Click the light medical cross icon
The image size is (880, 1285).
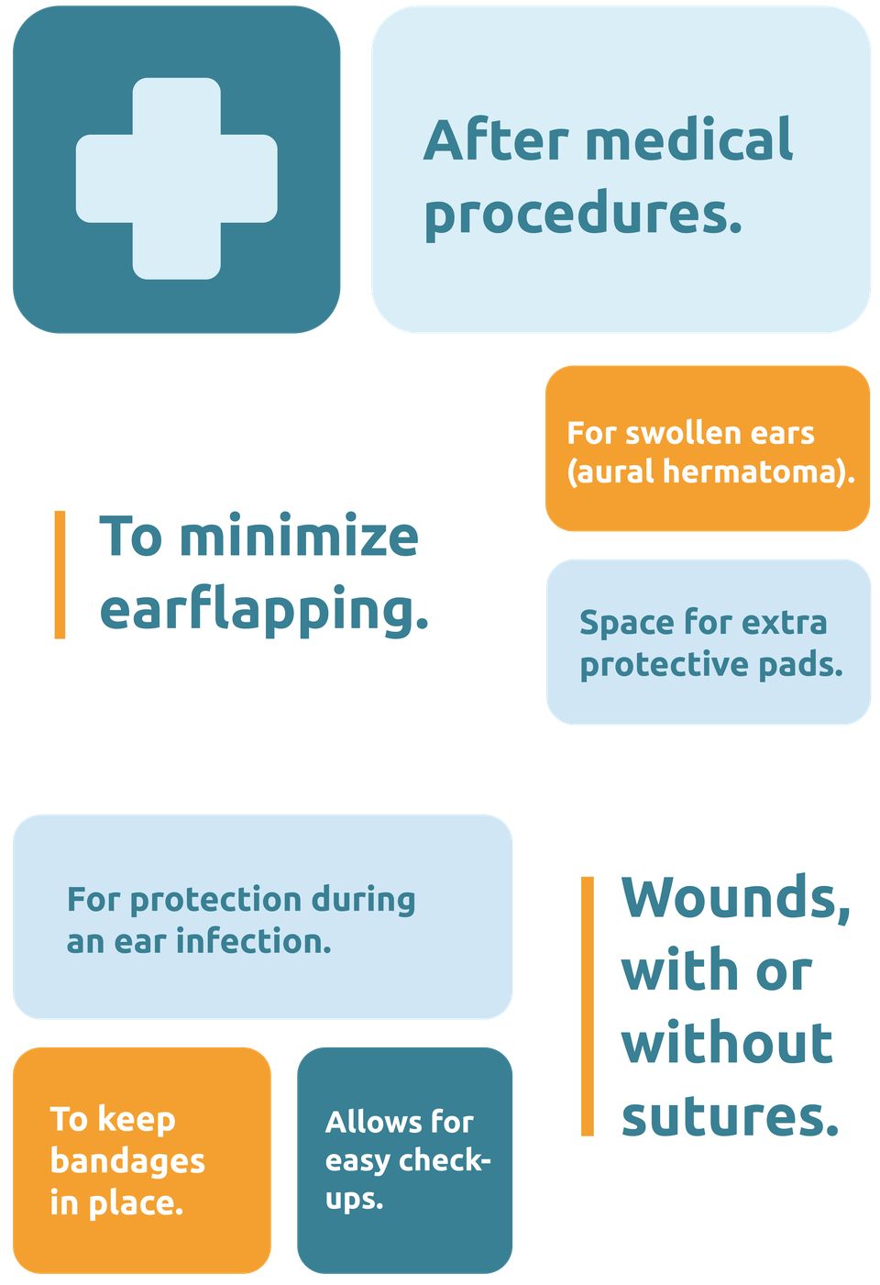point(177,179)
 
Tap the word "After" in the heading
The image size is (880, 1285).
point(496,139)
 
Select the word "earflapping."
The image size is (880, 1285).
point(264,610)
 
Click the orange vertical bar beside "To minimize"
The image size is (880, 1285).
point(60,574)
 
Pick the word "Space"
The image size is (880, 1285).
point(626,624)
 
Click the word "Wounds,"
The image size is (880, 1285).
point(736,898)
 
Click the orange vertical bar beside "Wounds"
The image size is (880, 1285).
point(587,1006)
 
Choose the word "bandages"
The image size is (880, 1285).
point(127,1163)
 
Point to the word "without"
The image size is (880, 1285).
point(726,1043)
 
